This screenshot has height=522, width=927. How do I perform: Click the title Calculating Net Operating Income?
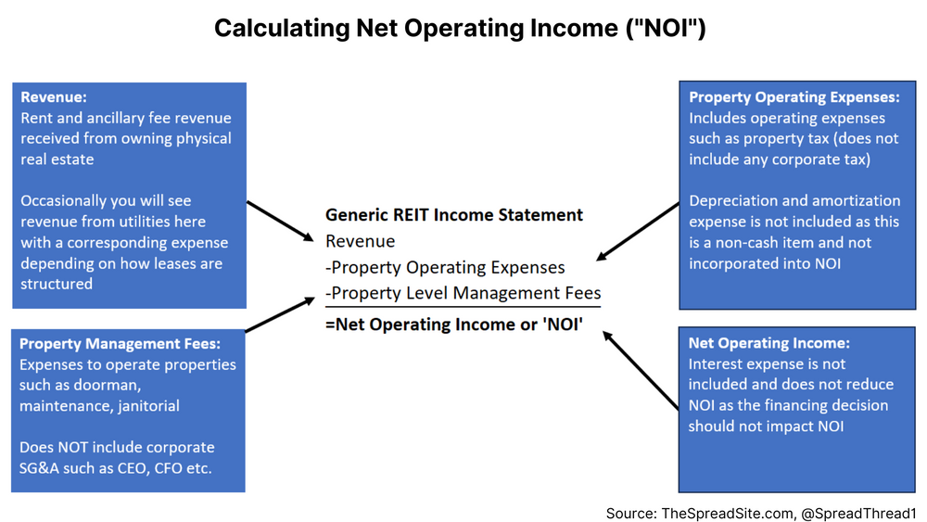pos(460,29)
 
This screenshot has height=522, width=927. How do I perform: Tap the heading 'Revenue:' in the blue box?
pos(54,97)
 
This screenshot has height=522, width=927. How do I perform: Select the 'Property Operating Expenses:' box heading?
pos(794,97)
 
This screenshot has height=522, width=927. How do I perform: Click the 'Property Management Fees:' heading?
pos(120,343)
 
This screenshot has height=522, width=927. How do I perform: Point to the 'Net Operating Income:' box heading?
pos(768,343)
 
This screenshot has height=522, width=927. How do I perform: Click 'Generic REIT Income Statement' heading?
pos(454,214)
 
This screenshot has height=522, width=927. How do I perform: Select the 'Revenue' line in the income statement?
pos(360,241)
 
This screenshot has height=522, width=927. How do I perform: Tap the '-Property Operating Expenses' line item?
pos(445,267)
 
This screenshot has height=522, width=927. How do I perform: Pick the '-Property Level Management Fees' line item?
pos(463,293)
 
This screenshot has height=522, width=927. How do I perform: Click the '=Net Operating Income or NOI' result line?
pos(454,324)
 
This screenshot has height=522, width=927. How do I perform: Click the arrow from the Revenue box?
pos(280,221)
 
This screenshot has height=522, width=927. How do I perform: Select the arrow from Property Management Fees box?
pos(280,314)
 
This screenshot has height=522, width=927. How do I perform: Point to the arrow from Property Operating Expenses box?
pos(638,231)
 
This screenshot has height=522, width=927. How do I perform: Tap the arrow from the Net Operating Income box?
pos(641,370)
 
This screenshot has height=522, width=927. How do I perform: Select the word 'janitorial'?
pos(148,406)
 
